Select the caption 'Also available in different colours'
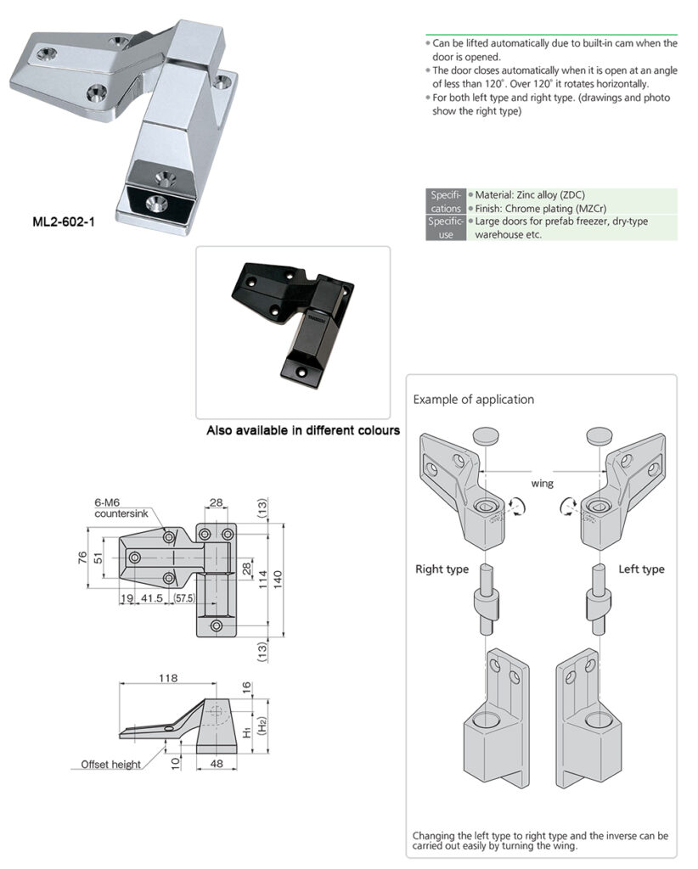[303, 430]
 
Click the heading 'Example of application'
[473, 399]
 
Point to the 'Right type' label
[442, 569]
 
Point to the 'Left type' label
[641, 569]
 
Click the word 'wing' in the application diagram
[542, 483]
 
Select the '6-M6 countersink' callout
[118, 508]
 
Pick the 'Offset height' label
[110, 765]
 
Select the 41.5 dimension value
[151, 598]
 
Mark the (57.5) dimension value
[184, 598]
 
